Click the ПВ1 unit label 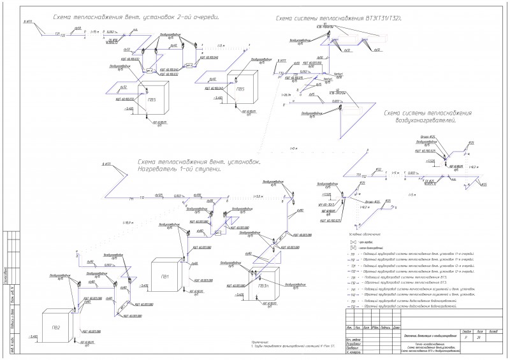[x=164, y=276]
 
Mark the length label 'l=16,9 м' [x=128, y=222]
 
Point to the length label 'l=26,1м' [x=286, y=94]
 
